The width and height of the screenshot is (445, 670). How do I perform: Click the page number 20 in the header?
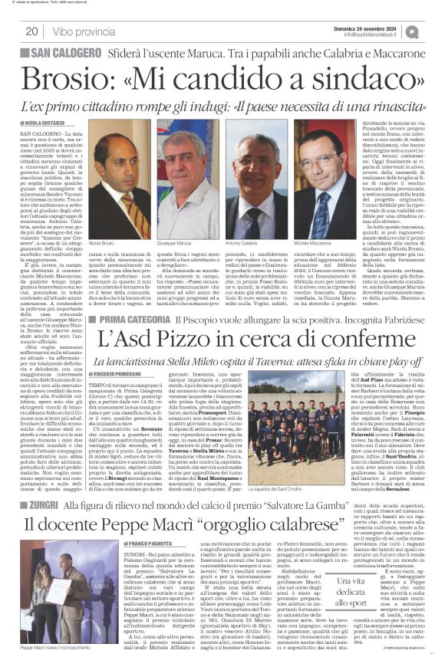pos(31,31)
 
